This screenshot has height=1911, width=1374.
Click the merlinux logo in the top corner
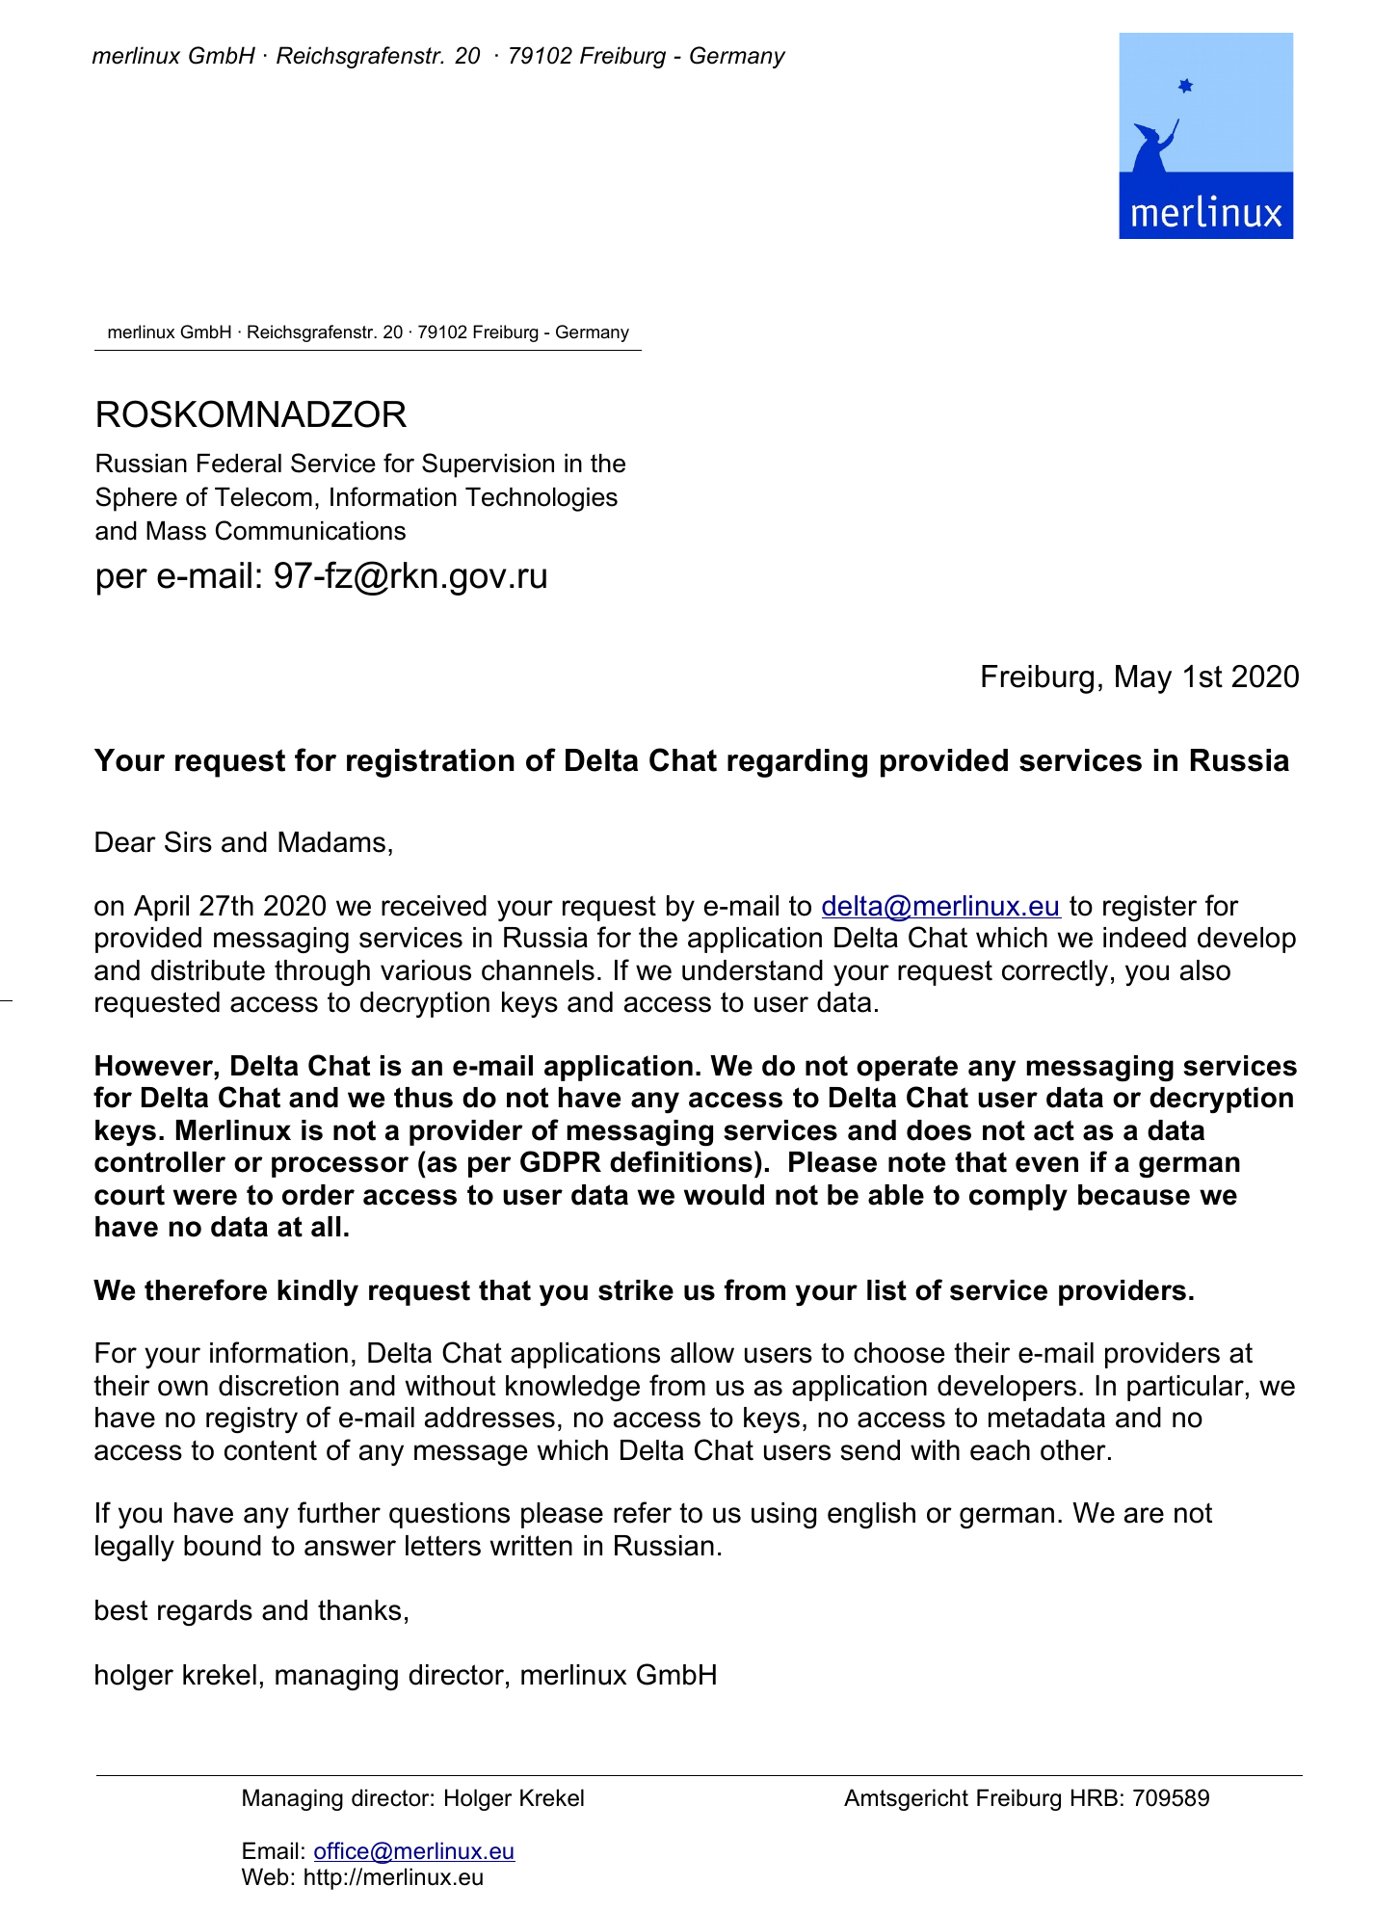coord(1204,136)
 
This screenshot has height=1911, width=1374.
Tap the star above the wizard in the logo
coord(1185,86)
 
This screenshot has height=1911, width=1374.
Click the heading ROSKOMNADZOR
coord(251,415)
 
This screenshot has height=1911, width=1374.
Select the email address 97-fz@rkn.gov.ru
coord(410,576)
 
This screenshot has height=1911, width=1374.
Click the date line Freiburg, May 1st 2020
coord(1139,677)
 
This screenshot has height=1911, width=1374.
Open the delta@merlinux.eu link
coord(940,907)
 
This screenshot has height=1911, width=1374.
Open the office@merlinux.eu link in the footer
coord(414,1851)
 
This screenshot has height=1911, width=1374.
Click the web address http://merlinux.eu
coord(393,1877)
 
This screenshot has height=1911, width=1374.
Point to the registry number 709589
coord(1171,1798)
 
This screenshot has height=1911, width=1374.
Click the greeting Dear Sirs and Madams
coord(244,843)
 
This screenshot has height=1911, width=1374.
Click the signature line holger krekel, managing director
coord(405,1675)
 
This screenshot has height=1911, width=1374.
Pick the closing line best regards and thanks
coord(251,1610)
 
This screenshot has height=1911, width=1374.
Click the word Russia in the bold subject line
coord(1238,761)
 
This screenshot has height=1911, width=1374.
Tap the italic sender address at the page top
coord(437,56)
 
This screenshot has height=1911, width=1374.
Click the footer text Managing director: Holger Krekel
coord(412,1798)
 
